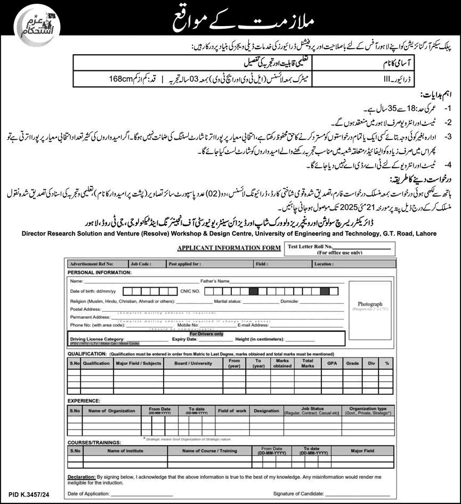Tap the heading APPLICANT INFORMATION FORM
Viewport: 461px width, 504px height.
pyautogui.click(x=229, y=248)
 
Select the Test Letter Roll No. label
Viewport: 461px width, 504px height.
pyautogui.click(x=310, y=247)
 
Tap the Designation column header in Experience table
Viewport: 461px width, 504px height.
pyautogui.click(x=266, y=411)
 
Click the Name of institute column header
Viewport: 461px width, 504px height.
pyautogui.click(x=125, y=451)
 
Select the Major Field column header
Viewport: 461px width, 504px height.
pyautogui.click(x=362, y=451)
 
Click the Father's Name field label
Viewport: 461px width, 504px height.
pyautogui.click(x=215, y=281)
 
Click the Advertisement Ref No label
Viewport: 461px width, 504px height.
pyautogui.click(x=91, y=264)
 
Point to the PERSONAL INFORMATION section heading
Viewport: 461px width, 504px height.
pyautogui.click(x=99, y=272)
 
